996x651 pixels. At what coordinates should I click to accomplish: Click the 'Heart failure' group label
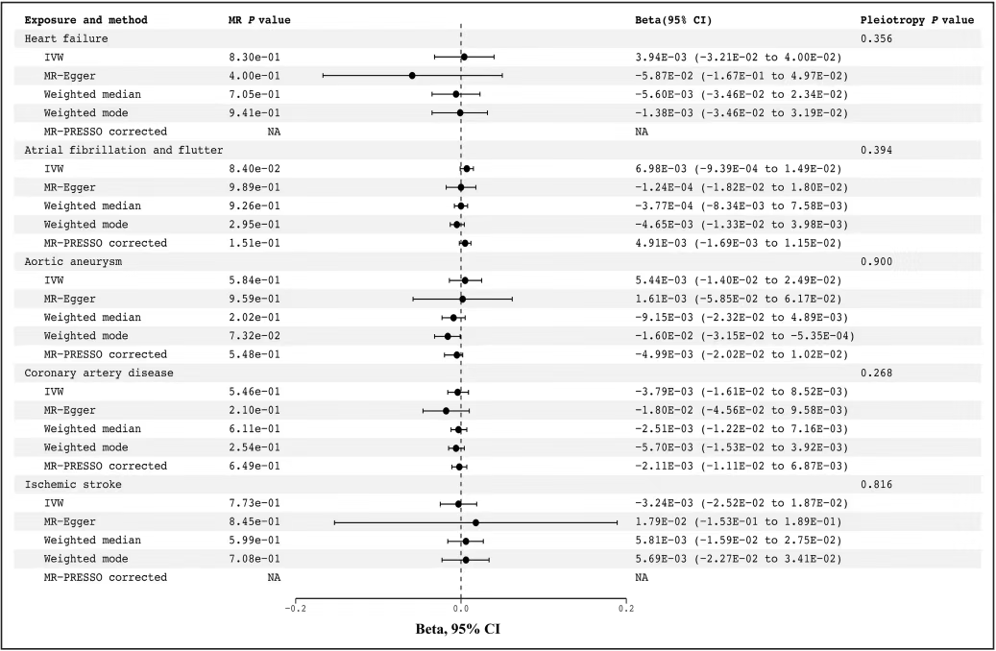coord(66,38)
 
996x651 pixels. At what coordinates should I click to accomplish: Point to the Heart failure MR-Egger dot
coord(412,75)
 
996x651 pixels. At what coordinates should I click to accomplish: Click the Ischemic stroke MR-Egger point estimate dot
coord(475,522)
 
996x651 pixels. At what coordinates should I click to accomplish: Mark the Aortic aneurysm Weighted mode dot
coord(448,336)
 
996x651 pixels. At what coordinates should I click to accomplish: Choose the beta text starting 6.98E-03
coord(733,168)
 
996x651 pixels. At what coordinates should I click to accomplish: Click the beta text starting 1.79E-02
coord(733,522)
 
